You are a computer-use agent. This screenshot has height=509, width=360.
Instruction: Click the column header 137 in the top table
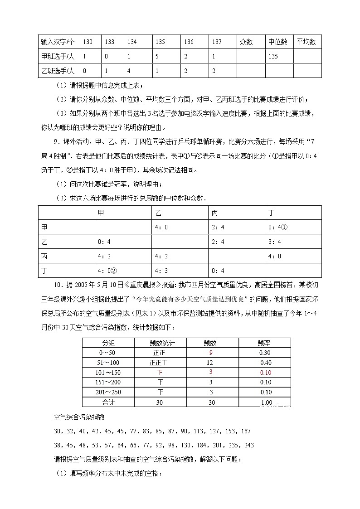click(216, 42)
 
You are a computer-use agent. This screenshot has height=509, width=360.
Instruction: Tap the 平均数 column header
click(306, 42)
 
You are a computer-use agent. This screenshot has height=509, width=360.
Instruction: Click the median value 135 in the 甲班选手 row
click(273, 57)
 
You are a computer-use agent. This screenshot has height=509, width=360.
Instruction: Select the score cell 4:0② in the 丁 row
click(107, 271)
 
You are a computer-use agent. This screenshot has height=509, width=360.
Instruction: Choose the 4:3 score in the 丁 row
click(161, 271)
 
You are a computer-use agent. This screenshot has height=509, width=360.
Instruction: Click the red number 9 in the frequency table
click(210, 353)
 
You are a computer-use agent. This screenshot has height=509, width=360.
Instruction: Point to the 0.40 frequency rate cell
click(266, 363)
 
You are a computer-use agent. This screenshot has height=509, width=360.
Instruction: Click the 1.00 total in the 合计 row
click(266, 402)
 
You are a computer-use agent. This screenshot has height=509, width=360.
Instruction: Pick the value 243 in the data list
click(248, 445)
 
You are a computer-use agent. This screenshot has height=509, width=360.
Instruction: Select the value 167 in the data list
click(245, 431)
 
